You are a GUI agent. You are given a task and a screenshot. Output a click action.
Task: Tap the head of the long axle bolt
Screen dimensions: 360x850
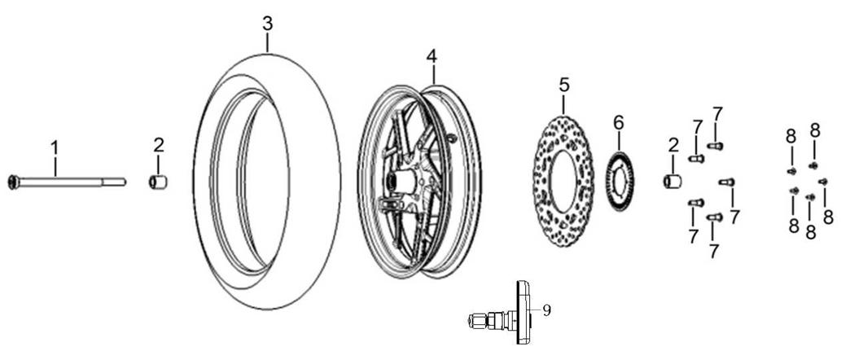click(x=11, y=181)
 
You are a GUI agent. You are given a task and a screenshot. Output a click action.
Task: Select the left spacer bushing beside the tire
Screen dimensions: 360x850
click(x=159, y=181)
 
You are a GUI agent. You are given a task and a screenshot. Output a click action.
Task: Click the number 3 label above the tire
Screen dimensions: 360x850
click(x=268, y=24)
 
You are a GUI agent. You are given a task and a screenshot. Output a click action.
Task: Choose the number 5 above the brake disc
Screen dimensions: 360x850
click(x=564, y=84)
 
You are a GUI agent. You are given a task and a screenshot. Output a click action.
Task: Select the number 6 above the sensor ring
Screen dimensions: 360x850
click(x=618, y=123)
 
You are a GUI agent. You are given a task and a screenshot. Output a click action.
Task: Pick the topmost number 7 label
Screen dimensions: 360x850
click(x=717, y=113)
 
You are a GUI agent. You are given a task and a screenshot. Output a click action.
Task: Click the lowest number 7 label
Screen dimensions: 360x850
click(x=714, y=251)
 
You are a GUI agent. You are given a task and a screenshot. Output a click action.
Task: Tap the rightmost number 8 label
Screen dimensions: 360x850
click(x=828, y=217)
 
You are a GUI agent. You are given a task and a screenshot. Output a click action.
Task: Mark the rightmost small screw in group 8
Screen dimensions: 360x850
click(x=822, y=181)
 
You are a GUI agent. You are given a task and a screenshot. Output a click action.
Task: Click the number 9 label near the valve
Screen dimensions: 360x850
click(x=547, y=310)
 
